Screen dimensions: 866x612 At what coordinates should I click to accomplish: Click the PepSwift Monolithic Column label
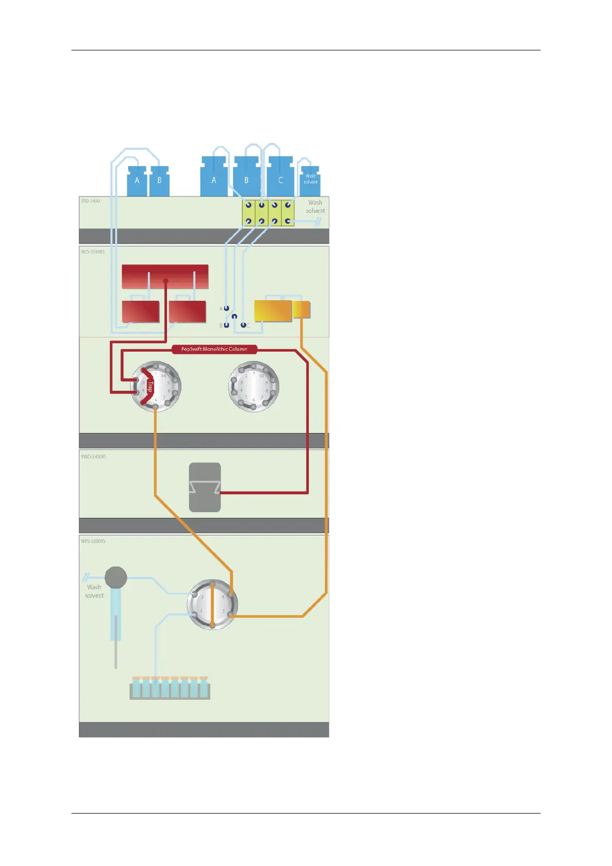[214, 349]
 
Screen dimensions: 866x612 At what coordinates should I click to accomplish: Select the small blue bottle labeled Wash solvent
[310, 180]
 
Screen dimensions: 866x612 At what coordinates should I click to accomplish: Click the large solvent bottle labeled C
[281, 177]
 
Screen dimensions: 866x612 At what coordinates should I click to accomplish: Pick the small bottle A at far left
[137, 181]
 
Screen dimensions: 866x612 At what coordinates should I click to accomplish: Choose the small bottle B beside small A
[159, 181]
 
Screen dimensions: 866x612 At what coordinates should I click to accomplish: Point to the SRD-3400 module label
[90, 201]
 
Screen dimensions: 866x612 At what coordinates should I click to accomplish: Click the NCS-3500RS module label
[92, 252]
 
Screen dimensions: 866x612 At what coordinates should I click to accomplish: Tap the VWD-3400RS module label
[94, 457]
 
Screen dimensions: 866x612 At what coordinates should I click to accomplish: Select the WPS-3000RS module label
[93, 541]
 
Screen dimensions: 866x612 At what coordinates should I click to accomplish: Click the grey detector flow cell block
[205, 487]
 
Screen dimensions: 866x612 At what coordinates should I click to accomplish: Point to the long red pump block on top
[165, 276]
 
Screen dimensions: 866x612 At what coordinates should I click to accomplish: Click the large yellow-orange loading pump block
[273, 311]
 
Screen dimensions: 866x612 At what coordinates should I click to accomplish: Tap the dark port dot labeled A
[226, 309]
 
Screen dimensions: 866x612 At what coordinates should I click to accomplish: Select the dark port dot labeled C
[244, 325]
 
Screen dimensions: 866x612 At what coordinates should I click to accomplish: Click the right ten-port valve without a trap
[253, 386]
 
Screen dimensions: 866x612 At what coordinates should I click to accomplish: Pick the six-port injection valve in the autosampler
[212, 604]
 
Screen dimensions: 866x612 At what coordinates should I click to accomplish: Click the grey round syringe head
[116, 578]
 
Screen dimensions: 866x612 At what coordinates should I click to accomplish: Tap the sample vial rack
[170, 689]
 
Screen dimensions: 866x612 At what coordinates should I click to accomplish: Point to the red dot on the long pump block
[165, 281]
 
